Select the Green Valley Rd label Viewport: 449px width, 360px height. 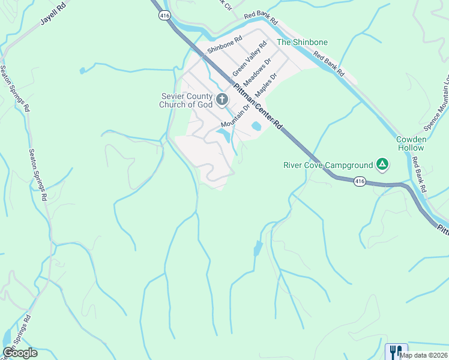[x=249, y=58]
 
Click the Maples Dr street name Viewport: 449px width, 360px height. [x=266, y=86]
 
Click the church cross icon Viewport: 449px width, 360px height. [x=222, y=99]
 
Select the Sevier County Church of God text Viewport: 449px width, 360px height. [x=185, y=100]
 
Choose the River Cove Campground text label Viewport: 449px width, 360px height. [x=328, y=164]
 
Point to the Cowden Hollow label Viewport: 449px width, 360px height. [x=411, y=143]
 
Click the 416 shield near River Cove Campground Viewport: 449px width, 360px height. [x=360, y=181]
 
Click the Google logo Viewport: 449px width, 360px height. [x=20, y=353]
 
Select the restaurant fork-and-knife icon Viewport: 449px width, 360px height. [x=395, y=351]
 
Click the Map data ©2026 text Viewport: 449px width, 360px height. [x=424, y=355]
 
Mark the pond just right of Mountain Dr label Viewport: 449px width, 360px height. [x=256, y=126]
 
